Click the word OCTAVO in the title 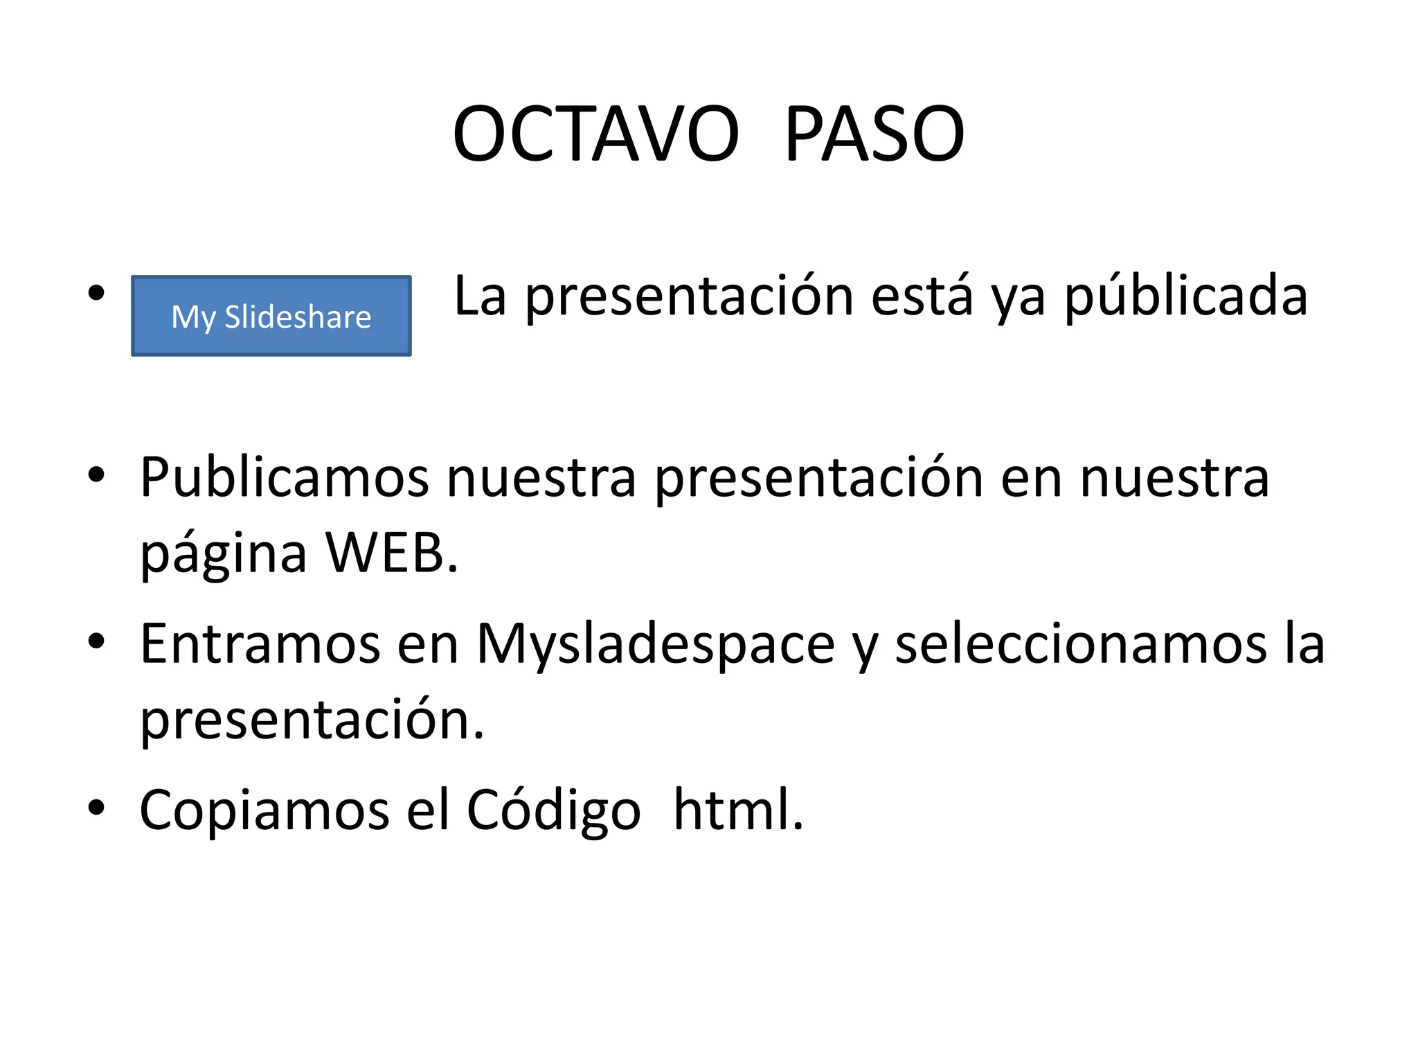[595, 134]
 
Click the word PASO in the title [874, 134]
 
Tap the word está [922, 296]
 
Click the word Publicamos [284, 478]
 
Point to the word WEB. [392, 554]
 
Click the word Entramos [260, 644]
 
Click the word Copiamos [264, 810]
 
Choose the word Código [553, 810]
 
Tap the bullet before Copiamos [96, 807]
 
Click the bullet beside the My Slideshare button [96, 293]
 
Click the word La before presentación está [479, 296]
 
